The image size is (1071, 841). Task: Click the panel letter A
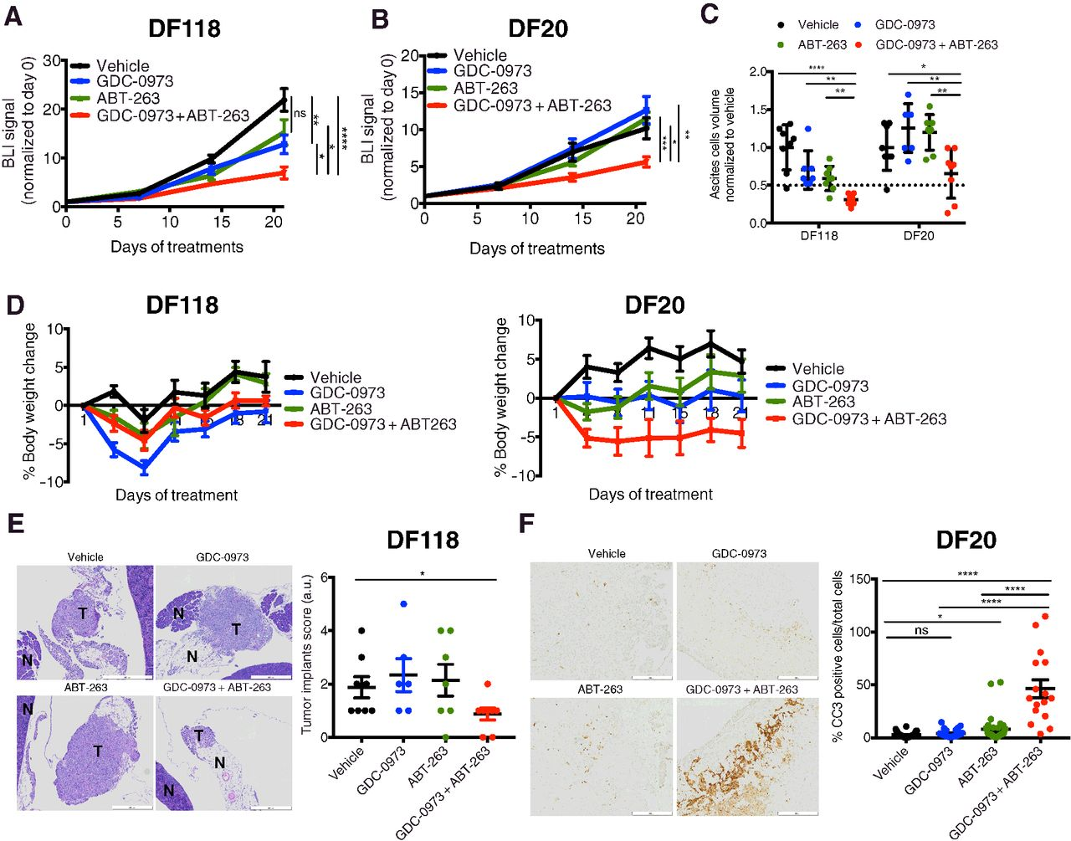pyautogui.click(x=13, y=15)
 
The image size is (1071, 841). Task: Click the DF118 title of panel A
pyautogui.click(x=184, y=28)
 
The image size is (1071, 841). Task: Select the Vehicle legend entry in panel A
pyautogui.click(x=122, y=66)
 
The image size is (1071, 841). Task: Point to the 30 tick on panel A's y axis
pyautogui.click(x=52, y=61)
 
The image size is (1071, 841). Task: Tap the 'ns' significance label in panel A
pyautogui.click(x=300, y=114)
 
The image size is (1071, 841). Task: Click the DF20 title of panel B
pyautogui.click(x=539, y=28)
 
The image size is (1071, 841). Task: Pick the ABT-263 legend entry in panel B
pyautogui.click(x=485, y=89)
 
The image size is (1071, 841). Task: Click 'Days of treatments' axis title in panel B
pyautogui.click(x=536, y=249)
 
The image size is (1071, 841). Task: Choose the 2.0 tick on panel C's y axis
pyautogui.click(x=760, y=73)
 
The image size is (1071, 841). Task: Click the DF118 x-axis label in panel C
pyautogui.click(x=818, y=236)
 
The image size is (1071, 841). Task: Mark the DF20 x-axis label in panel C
pyautogui.click(x=919, y=236)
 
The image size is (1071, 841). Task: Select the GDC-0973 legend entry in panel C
pyautogui.click(x=904, y=25)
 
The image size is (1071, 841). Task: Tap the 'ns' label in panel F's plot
pyautogui.click(x=920, y=630)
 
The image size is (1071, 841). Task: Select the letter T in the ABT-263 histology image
pyautogui.click(x=98, y=751)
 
